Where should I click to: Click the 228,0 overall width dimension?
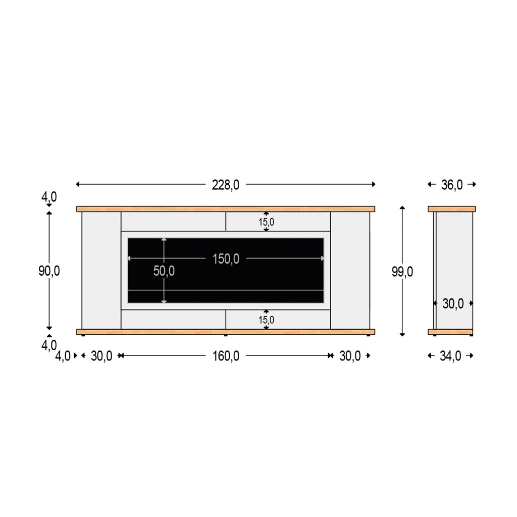(225, 185)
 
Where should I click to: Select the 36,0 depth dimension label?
(452, 185)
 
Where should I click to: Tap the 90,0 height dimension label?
(49, 271)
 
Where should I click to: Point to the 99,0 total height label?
(402, 272)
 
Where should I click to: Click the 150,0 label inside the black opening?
(225, 259)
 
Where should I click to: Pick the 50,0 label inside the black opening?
(164, 271)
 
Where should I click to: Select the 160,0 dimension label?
(225, 356)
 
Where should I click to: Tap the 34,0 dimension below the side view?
(450, 356)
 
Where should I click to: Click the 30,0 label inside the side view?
(453, 303)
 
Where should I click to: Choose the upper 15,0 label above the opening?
(267, 222)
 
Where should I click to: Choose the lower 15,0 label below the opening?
(267, 320)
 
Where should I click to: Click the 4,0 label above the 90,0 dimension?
(49, 197)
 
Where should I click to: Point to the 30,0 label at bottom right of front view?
(350, 356)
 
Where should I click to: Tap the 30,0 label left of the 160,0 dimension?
(101, 356)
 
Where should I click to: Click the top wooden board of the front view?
(225, 209)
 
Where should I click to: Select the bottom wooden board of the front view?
(225, 332)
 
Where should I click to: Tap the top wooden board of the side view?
(451, 209)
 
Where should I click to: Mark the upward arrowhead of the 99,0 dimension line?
(402, 208)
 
